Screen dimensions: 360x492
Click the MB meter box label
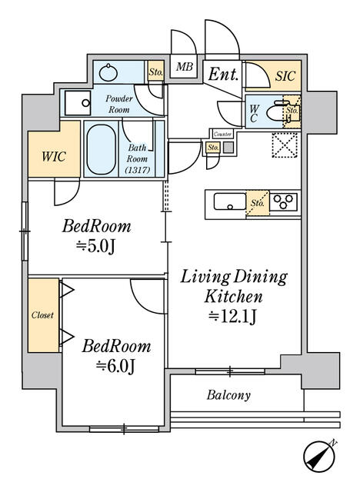click(185, 67)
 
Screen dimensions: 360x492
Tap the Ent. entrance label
click(223, 75)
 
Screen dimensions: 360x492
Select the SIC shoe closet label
click(285, 76)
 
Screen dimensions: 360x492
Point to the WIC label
click(54, 156)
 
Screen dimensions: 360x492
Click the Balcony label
click(228, 395)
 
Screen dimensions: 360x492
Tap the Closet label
click(42, 315)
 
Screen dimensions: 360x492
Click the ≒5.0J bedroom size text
click(96, 247)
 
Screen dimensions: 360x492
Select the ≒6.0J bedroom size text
click(116, 367)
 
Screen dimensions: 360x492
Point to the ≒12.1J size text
click(233, 317)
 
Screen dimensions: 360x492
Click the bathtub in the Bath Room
click(101, 149)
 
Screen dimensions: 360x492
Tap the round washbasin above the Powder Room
click(108, 73)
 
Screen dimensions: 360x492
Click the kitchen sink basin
click(230, 201)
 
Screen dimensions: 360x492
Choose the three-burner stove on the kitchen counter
click(284, 201)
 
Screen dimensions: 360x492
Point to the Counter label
click(222, 135)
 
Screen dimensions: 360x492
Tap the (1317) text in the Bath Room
click(138, 170)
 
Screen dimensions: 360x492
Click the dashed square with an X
click(285, 145)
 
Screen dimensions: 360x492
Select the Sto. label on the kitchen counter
click(258, 203)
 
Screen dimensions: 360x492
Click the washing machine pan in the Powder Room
click(78, 103)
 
